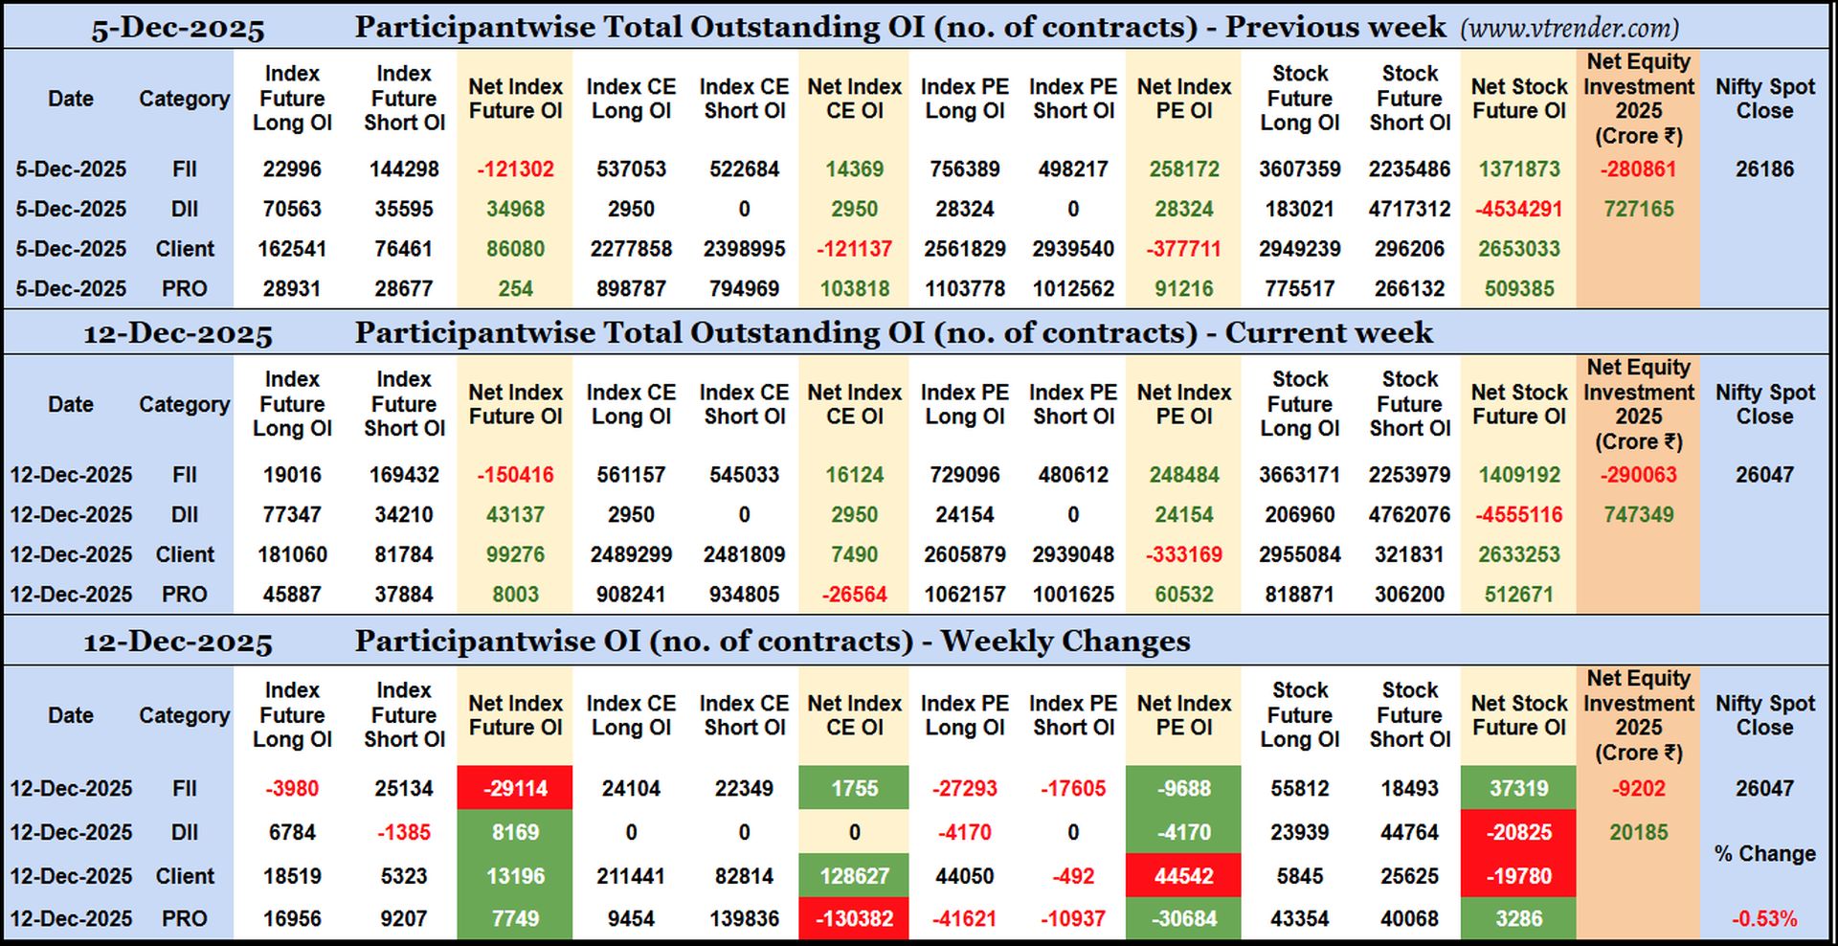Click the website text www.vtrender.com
1569,28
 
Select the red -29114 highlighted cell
515,788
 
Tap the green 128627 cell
854,875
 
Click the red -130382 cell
854,918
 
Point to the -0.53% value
1763,918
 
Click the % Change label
1763,853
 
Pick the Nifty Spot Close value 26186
1763,169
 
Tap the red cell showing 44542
1183,875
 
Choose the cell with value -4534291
1518,209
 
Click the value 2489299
631,554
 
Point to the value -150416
515,475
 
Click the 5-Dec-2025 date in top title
178,29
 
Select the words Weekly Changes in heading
1065,641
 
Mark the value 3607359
1299,169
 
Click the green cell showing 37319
1518,788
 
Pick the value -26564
854,595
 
